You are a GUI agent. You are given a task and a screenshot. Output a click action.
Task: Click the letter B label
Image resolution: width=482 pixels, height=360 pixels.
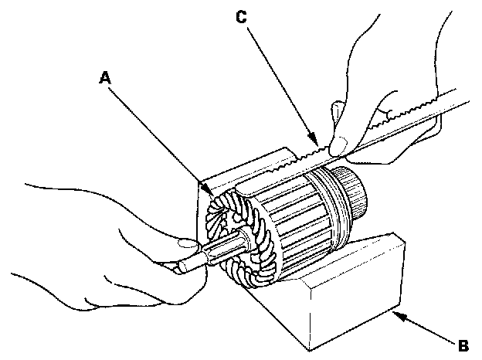(x=462, y=344)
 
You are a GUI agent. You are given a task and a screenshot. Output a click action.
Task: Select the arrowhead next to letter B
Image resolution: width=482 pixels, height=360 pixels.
(x=395, y=314)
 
